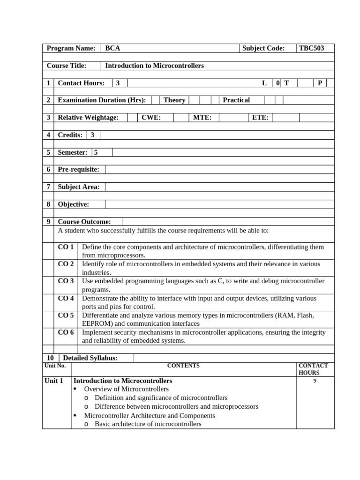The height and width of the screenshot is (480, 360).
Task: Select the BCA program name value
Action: point(112,48)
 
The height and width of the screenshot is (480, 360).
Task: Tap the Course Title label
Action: point(67,66)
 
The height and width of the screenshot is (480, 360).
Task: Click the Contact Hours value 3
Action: point(118,83)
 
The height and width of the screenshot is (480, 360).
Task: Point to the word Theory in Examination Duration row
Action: point(174,100)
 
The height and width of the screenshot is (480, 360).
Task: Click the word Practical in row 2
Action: point(236,100)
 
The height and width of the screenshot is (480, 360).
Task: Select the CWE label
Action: point(151,118)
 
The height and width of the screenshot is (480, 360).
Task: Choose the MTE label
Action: point(202,118)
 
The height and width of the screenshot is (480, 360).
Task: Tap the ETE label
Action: point(260,118)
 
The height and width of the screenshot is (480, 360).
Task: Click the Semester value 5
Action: point(96,152)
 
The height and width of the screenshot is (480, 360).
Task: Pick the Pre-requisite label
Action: point(78,169)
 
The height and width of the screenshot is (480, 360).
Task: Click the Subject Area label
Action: point(78,187)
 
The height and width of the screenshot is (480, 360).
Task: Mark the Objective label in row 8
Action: point(73,204)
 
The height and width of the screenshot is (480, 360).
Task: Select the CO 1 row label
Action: point(66,247)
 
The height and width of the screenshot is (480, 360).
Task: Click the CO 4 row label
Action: point(66,299)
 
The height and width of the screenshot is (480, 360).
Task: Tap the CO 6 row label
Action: point(66,333)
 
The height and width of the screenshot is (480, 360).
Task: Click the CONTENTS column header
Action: point(183,366)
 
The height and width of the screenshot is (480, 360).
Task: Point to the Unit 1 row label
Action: point(53,381)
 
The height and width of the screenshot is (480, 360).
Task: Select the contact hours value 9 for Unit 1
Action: point(315,381)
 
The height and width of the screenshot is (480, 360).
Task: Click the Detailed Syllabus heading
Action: point(90,358)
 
